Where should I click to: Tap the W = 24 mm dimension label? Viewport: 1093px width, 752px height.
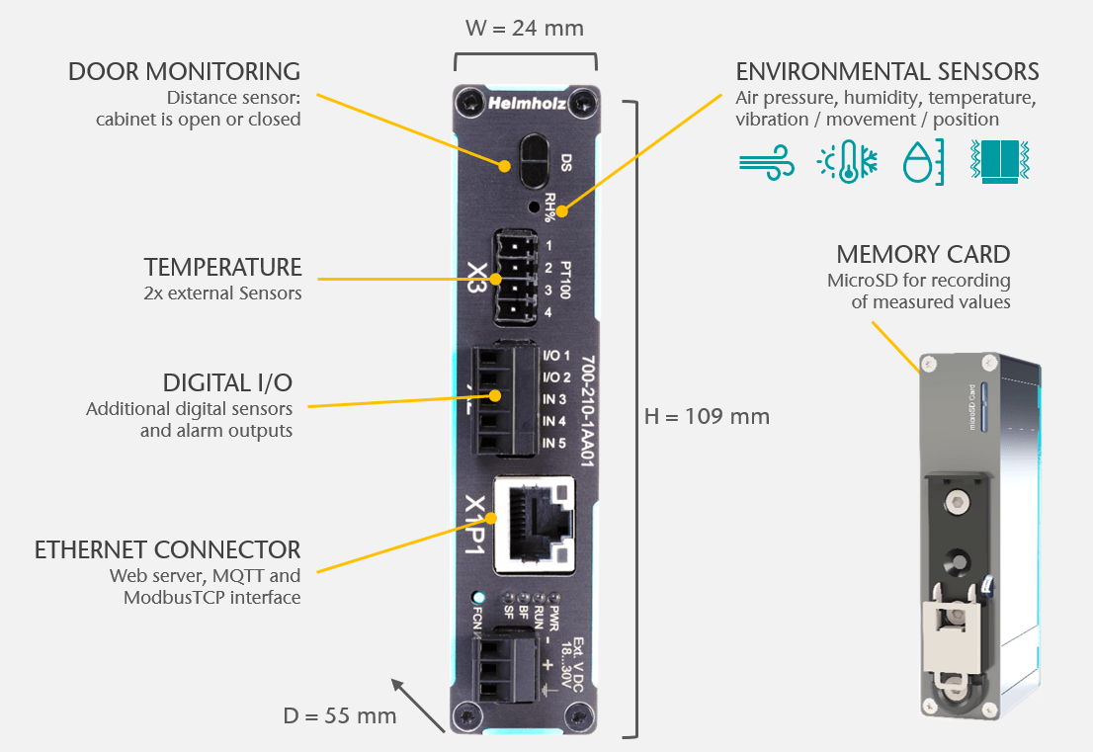click(525, 28)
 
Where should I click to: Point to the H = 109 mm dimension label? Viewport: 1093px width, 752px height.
click(707, 416)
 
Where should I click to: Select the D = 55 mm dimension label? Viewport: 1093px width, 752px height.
click(340, 715)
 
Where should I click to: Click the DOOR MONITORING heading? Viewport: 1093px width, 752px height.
click(184, 71)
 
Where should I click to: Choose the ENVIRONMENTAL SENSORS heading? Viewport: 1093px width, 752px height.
click(887, 71)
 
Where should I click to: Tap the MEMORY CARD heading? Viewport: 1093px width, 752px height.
click(923, 254)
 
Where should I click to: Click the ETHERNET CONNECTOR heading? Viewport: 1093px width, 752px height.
click(167, 549)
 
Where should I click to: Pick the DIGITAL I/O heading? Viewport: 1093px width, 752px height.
click(227, 382)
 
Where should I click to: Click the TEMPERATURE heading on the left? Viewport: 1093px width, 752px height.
click(222, 267)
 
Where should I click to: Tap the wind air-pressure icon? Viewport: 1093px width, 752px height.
click(767, 161)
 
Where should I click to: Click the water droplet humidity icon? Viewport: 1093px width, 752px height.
click(923, 161)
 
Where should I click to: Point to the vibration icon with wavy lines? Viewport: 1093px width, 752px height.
click(1000, 161)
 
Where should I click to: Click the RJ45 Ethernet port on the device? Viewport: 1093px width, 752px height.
click(534, 524)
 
